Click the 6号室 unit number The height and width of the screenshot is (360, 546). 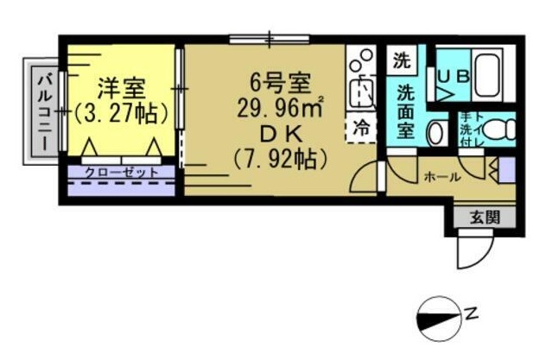point(278,84)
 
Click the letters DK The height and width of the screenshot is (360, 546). point(278,134)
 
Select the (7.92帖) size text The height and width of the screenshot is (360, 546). point(278,160)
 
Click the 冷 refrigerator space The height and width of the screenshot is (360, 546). point(361,128)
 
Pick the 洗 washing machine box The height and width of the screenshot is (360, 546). point(401,61)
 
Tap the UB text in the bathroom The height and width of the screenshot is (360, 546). point(452,75)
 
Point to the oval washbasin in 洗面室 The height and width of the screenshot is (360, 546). point(435,132)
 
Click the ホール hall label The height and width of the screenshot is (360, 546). point(441,176)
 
